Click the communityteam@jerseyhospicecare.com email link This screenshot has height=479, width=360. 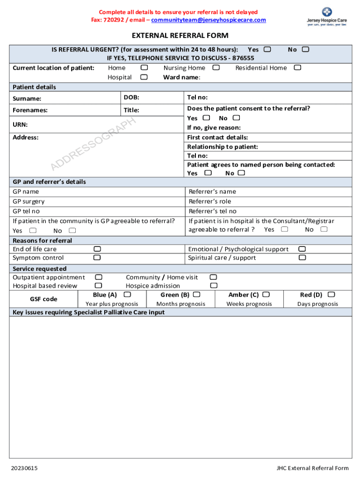(x=209, y=20)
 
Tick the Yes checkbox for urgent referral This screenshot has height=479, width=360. (x=267, y=49)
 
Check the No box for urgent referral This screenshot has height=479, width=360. (x=305, y=49)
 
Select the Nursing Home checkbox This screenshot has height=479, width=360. (x=216, y=68)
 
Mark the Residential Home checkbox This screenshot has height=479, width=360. (x=297, y=68)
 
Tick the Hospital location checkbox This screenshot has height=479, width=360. (x=144, y=77)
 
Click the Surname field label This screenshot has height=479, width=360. (x=27, y=99)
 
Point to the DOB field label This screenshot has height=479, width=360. (x=131, y=97)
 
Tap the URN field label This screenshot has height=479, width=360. (x=20, y=124)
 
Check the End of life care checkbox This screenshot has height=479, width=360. (x=97, y=249)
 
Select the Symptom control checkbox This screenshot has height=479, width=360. (x=97, y=257)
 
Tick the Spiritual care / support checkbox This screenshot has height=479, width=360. (x=302, y=257)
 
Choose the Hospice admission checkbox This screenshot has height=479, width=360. (x=214, y=285)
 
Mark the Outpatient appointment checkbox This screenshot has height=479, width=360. (x=99, y=277)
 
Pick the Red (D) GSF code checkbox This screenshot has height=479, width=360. (x=331, y=295)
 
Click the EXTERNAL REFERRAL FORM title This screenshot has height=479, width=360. (x=180, y=36)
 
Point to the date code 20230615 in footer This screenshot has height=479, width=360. (x=25, y=468)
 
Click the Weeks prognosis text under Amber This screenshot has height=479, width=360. (x=249, y=304)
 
